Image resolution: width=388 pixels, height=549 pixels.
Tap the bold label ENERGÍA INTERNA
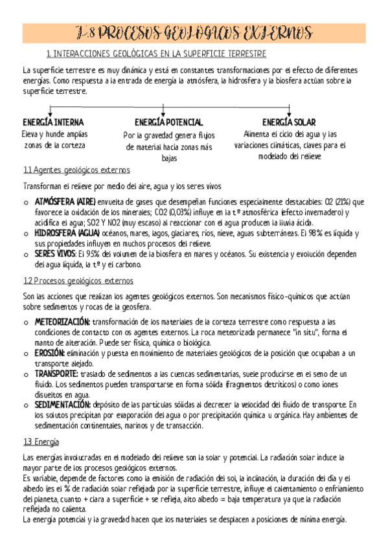(x=53, y=122)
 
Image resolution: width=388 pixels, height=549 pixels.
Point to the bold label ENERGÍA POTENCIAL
(x=169, y=122)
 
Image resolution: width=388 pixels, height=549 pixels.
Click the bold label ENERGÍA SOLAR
(x=290, y=122)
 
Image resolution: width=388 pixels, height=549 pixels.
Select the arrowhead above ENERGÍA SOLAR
(x=290, y=111)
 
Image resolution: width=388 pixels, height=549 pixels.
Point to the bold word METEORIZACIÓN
(x=62, y=322)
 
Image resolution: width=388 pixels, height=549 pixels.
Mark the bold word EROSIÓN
(x=50, y=353)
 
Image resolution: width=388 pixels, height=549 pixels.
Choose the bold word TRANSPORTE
(x=56, y=374)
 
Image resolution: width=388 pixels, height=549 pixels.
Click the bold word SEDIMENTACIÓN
(x=63, y=405)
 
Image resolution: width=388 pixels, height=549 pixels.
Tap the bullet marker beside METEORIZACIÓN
(x=25, y=322)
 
